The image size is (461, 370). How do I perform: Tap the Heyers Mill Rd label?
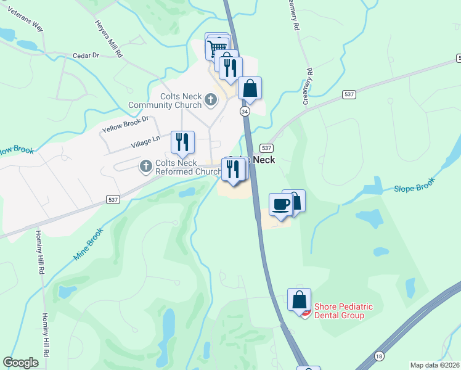coord(109,38)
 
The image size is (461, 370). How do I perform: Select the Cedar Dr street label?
coord(86,55)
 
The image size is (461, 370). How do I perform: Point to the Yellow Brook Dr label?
coord(126,124)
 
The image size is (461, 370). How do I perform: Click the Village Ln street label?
coord(145,143)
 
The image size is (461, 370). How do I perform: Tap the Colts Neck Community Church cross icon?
coord(211,99)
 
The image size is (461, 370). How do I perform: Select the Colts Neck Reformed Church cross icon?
coord(146,166)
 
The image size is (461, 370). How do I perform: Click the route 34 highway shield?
coord(245,111)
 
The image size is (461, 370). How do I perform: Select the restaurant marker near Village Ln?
coord(182,142)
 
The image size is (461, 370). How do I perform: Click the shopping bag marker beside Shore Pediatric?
coord(299,300)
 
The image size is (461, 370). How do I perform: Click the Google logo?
coord(21,363)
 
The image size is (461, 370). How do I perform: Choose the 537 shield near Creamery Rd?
coord(349,94)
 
